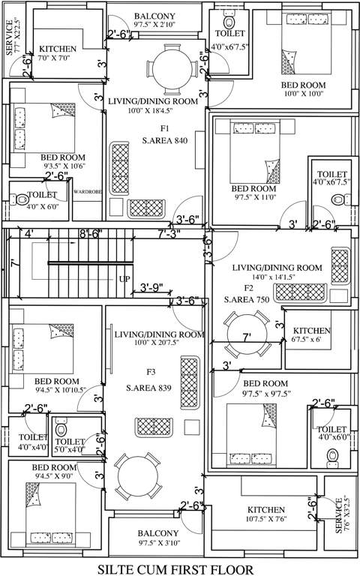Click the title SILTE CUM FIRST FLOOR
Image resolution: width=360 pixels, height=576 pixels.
point(181,567)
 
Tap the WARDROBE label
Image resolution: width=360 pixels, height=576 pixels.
point(87,192)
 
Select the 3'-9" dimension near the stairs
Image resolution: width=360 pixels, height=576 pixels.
point(156,287)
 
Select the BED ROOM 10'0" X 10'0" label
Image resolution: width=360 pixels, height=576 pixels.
point(302,88)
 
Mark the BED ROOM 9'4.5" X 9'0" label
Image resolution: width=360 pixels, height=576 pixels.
point(52,470)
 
